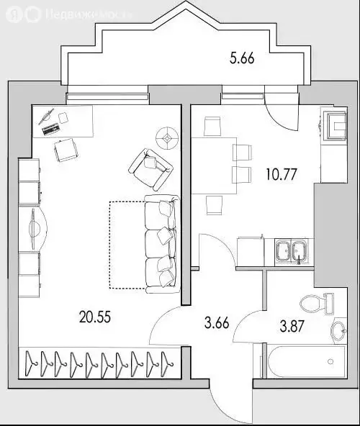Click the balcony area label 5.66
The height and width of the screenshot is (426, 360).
(x=243, y=60)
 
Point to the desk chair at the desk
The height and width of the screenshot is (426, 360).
(x=66, y=150)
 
